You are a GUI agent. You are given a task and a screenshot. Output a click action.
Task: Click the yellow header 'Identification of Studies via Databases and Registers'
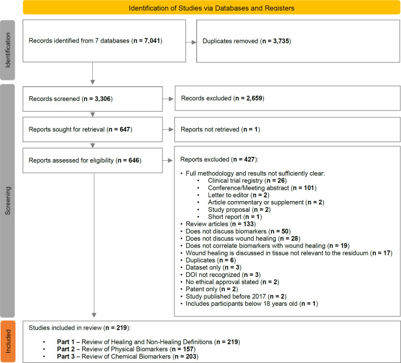(208, 8)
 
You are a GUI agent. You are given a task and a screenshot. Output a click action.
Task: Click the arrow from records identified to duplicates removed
(190, 41)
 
